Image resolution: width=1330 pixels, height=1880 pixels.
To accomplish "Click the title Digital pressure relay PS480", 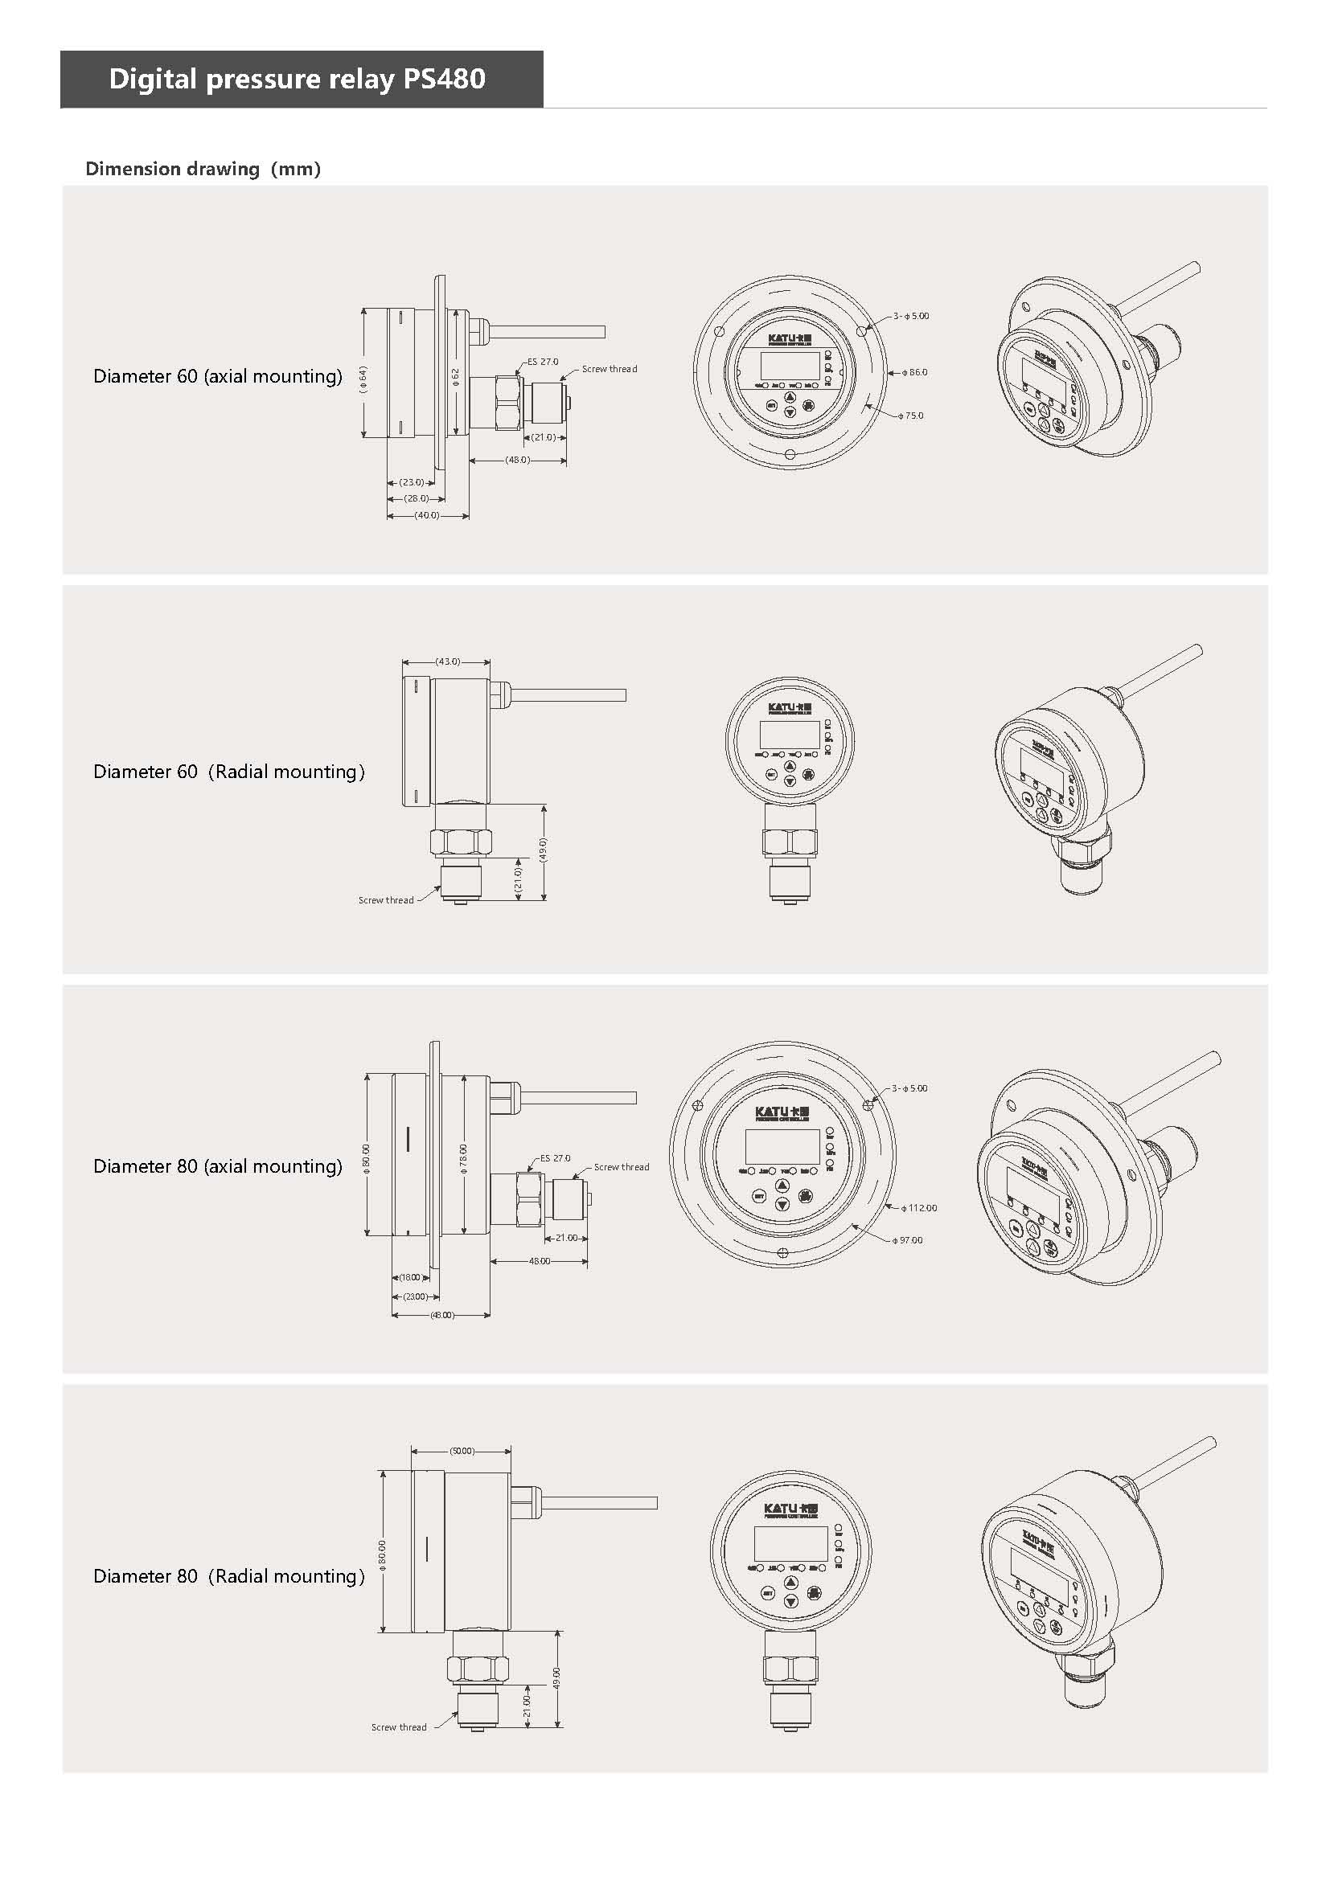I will [297, 80].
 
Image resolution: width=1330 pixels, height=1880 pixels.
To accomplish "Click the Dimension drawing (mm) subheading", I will [203, 169].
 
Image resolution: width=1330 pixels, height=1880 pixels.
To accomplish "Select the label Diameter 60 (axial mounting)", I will [217, 376].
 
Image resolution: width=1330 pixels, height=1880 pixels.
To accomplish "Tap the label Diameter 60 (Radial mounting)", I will [228, 772].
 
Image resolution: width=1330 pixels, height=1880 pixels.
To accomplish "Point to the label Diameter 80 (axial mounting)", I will [217, 1166].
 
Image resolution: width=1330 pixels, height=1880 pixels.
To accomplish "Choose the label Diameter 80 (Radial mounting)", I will [228, 1576].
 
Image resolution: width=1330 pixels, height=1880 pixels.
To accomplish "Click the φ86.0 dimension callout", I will [915, 373].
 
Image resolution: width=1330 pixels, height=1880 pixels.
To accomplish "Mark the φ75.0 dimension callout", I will [911, 416].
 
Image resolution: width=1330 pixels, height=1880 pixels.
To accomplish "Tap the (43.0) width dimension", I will [447, 661].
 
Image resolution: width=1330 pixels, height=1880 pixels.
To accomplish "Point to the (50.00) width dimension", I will [462, 1451].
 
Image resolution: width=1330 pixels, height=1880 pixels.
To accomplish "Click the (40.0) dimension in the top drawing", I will [427, 516].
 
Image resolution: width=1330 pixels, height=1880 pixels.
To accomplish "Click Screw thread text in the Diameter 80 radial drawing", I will [399, 1726].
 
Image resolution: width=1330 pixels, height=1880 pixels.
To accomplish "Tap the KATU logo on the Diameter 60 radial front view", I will [790, 707].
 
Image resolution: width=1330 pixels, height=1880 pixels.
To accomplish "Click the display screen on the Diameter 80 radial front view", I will [791, 1543].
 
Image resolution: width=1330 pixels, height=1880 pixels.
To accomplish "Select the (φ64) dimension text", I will [364, 379].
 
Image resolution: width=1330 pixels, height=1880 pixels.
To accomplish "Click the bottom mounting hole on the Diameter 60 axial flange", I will [790, 454].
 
